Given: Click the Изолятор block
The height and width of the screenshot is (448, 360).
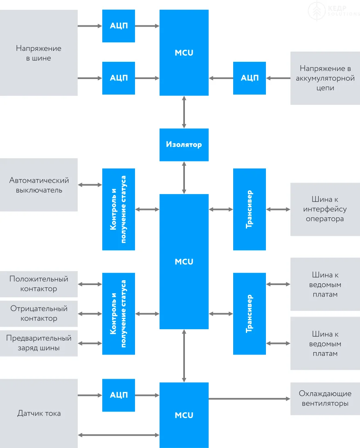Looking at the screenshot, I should pyautogui.click(x=184, y=145).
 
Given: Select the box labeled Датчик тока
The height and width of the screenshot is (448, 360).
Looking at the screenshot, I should pyautogui.click(x=39, y=413).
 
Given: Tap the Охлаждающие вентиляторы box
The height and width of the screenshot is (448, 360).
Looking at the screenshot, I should pyautogui.click(x=325, y=398).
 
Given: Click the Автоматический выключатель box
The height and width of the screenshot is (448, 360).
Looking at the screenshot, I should pyautogui.click(x=39, y=185).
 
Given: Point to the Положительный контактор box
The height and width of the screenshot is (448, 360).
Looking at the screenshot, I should pyautogui.click(x=39, y=284).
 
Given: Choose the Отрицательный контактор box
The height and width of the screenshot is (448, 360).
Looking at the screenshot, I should pyautogui.click(x=39, y=313).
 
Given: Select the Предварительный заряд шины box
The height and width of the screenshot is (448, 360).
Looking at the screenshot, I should pyautogui.click(x=39, y=343).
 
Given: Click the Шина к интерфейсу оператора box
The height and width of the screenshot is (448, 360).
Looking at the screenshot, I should pyautogui.click(x=325, y=209).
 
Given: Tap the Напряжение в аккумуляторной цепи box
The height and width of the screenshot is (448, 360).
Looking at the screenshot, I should pyautogui.click(x=325, y=78).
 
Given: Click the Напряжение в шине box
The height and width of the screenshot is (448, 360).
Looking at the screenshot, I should pyautogui.click(x=39, y=53).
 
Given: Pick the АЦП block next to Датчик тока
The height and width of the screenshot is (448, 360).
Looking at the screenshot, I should pyautogui.click(x=119, y=395).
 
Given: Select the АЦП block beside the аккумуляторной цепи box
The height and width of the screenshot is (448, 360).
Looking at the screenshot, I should pyautogui.click(x=250, y=78).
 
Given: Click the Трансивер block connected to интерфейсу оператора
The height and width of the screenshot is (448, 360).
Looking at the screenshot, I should pyautogui.click(x=250, y=209).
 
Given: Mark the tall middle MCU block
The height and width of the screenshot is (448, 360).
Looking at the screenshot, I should pyautogui.click(x=184, y=261).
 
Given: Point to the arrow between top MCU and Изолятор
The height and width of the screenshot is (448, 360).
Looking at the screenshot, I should pyautogui.click(x=184, y=112).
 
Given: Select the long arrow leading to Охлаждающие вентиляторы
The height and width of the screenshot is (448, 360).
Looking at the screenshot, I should pyautogui.click(x=250, y=398).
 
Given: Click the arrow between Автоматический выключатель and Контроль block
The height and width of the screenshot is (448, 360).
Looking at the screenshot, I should pyautogui.click(x=90, y=185).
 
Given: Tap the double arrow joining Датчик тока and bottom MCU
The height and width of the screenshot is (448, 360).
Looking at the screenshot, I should pyautogui.click(x=119, y=435).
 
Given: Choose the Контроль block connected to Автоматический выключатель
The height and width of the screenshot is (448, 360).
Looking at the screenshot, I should pyautogui.click(x=119, y=209).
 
